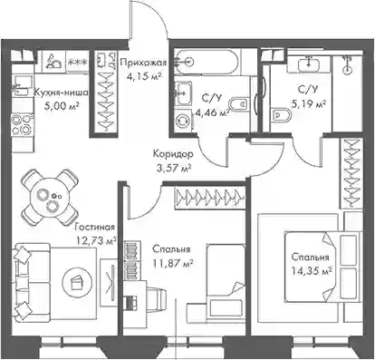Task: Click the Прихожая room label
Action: click(143, 63)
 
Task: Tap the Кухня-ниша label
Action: click(61, 92)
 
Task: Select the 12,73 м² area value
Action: click(96, 241)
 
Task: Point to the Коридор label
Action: click(173, 154)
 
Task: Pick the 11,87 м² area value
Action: click(173, 263)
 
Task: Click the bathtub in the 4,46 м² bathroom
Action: click(207, 62)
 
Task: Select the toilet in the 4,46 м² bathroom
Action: click(239, 104)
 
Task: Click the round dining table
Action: click(50, 198)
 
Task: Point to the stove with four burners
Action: click(23, 124)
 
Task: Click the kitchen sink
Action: click(23, 85)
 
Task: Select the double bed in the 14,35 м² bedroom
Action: click(322, 267)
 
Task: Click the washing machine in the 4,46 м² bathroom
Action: click(183, 121)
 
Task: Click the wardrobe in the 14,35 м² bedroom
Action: click(351, 173)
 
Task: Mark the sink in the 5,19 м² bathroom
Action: click(309, 64)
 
